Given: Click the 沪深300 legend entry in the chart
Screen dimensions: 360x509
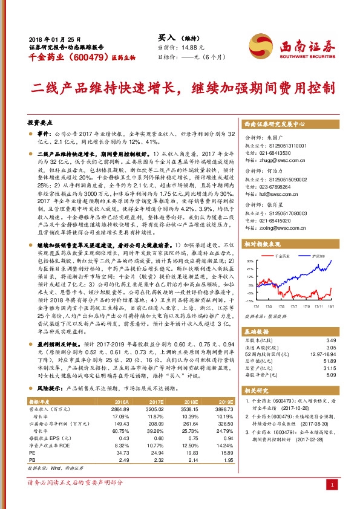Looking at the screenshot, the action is tap(320, 257).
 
